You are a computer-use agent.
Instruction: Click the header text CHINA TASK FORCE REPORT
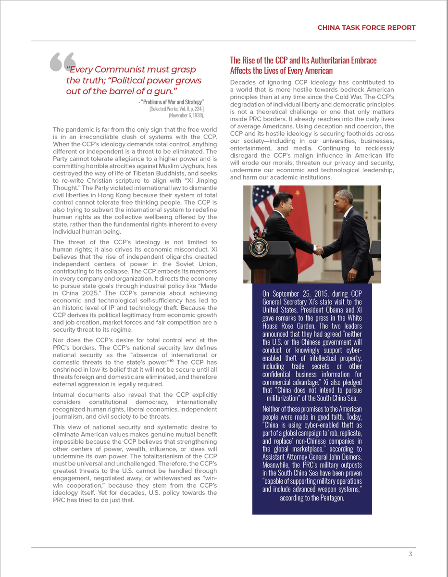coord(366,27)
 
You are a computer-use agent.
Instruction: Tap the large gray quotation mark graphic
coord(62,63)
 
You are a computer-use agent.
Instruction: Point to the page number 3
coord(411,554)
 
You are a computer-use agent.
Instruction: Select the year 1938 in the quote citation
coord(197,116)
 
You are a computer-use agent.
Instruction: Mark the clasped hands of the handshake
coord(318,249)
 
